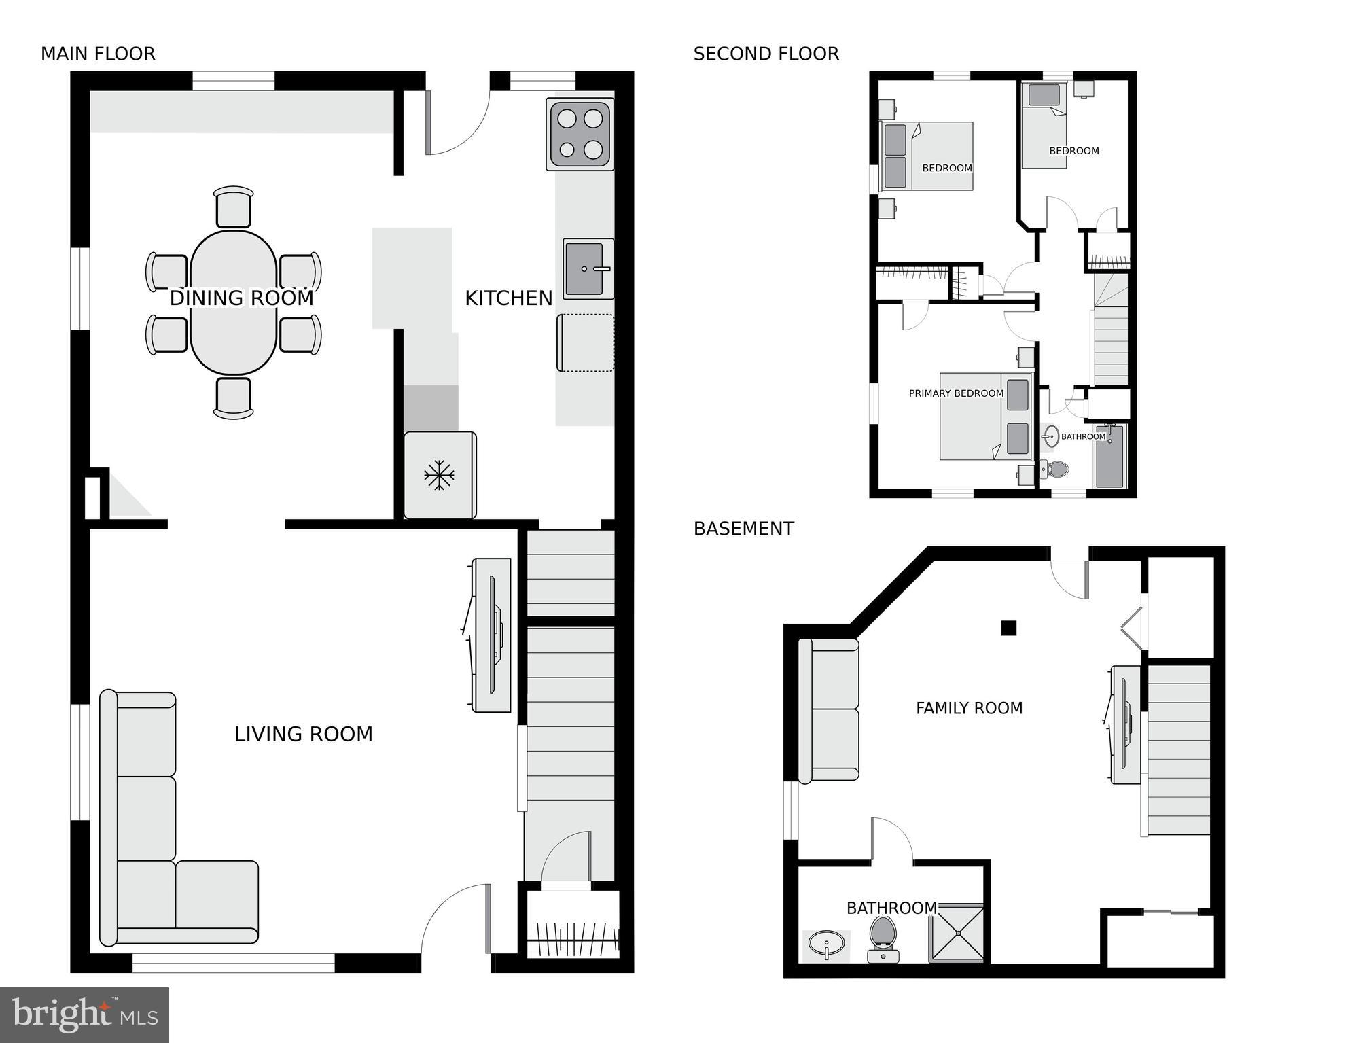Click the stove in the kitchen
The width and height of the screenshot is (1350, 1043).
pyautogui.click(x=580, y=135)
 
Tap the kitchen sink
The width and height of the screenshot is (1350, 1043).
pyautogui.click(x=588, y=269)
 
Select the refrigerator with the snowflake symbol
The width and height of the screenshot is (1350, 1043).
pyautogui.click(x=440, y=475)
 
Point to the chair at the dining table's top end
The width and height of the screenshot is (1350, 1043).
pyautogui.click(x=233, y=207)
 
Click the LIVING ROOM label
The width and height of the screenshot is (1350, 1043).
pyautogui.click(x=303, y=734)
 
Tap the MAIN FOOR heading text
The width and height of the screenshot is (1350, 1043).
pyautogui.click(x=98, y=54)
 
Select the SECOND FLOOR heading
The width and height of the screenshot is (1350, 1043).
pyautogui.click(x=766, y=54)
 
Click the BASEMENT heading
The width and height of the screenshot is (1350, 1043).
pyautogui.click(x=743, y=529)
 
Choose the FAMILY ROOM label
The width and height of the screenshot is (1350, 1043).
pyautogui.click(x=969, y=708)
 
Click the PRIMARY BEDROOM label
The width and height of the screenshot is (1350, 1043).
pyautogui.click(x=956, y=393)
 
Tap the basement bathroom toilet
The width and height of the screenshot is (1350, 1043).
pyautogui.click(x=883, y=939)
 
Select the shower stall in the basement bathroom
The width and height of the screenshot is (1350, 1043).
pyautogui.click(x=957, y=934)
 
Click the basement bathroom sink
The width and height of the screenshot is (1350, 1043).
pyautogui.click(x=826, y=944)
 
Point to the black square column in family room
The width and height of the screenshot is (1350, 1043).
pyautogui.click(x=1008, y=628)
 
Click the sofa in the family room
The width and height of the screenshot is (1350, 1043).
pyautogui.click(x=829, y=710)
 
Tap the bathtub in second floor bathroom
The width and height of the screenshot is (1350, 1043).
pyautogui.click(x=1109, y=457)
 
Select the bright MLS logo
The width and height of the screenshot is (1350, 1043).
pyautogui.click(x=84, y=1014)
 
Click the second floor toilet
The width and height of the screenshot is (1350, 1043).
pyautogui.click(x=1055, y=469)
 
